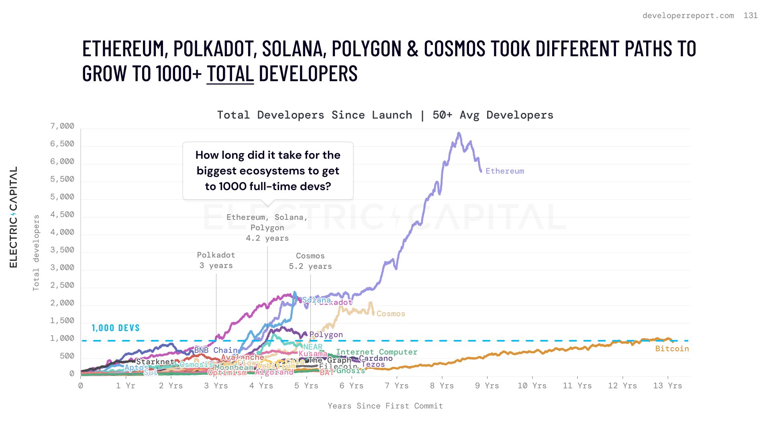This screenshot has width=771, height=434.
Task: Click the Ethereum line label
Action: pyautogui.click(x=505, y=171)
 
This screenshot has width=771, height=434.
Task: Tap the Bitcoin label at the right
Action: pyautogui.click(x=672, y=349)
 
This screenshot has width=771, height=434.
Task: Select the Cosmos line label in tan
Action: pyautogui.click(x=391, y=314)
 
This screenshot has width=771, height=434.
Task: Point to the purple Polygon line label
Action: pyautogui.click(x=326, y=335)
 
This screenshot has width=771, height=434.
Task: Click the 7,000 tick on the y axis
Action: pyautogui.click(x=62, y=126)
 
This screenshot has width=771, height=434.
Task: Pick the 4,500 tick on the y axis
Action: pyautogui.click(x=62, y=215)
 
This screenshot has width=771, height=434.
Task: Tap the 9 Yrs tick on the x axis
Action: pyautogui.click(x=487, y=386)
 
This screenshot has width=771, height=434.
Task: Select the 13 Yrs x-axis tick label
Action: pyautogui.click(x=667, y=386)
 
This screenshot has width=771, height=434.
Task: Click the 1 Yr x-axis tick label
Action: pyautogui.click(x=125, y=386)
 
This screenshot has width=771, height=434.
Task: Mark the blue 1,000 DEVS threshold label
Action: pyautogui.click(x=116, y=328)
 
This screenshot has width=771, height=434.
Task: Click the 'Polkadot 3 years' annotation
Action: pyautogui.click(x=216, y=260)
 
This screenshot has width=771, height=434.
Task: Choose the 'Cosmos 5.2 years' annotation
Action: pyautogui.click(x=310, y=261)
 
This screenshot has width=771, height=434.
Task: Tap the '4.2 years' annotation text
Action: pyautogui.click(x=267, y=238)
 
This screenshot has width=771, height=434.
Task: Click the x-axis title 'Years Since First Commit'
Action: pyautogui.click(x=385, y=406)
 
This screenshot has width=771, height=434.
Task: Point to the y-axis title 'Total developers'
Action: pyautogui.click(x=36, y=253)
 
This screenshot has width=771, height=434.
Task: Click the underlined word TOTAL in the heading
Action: pyautogui.click(x=230, y=74)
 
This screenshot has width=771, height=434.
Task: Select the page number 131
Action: pyautogui.click(x=751, y=16)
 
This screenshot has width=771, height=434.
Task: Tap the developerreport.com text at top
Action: pyautogui.click(x=688, y=16)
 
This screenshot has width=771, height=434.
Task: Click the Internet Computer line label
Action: pyautogui.click(x=377, y=352)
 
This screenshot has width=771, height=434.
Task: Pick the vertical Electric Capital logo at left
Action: pyautogui.click(x=14, y=217)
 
